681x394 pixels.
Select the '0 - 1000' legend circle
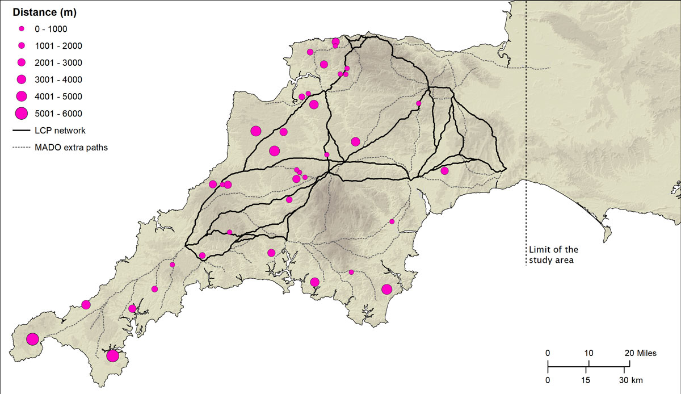click(22, 28)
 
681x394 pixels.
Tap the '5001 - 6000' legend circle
click(22, 114)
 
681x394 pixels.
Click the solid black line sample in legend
click(21, 131)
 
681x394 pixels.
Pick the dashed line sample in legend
click(21, 148)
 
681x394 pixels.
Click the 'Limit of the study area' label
click(553, 255)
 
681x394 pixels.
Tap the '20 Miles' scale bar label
click(641, 353)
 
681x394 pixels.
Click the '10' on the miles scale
click(588, 353)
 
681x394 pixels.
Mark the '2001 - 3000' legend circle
click(22, 62)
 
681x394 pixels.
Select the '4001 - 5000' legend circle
click(22, 96)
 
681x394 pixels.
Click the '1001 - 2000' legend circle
click(22, 45)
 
